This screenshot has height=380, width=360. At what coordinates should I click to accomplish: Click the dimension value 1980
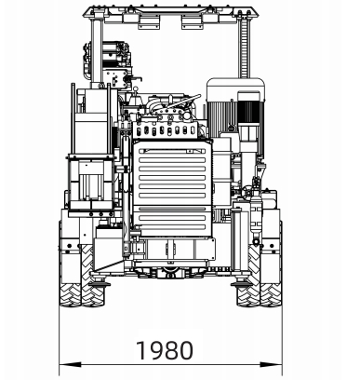click(165, 350)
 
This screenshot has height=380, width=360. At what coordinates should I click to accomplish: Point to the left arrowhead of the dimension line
click(70, 364)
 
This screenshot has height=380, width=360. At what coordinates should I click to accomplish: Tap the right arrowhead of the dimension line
click(271, 364)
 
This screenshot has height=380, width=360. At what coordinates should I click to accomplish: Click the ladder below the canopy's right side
click(245, 47)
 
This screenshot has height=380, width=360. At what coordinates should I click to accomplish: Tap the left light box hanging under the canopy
click(148, 22)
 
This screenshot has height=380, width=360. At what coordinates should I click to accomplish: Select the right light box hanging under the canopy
click(192, 22)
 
